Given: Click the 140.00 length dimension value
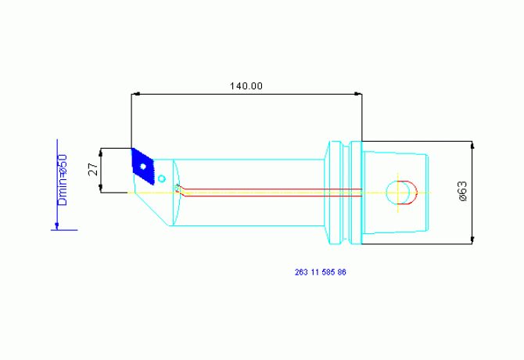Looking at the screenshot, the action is point(246,86).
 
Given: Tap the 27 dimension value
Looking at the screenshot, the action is point(94,170).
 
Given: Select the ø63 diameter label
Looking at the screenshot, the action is point(462,192).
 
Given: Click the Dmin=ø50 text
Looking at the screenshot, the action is point(63,180).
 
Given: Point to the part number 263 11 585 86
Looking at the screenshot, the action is point(321,272).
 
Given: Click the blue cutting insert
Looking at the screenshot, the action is point(143,167).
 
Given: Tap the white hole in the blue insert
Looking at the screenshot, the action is point(143,166).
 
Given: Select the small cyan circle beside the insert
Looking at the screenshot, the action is point(162,179).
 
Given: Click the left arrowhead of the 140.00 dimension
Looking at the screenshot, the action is point(135,94).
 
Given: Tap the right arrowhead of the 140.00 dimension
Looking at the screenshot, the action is point(357,94).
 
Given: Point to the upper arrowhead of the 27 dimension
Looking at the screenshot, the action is point(101,153).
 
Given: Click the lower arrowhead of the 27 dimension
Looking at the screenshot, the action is point(101,188).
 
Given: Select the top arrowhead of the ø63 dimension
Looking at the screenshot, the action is point(472,146).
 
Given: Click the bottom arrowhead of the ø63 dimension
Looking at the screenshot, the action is point(472,239).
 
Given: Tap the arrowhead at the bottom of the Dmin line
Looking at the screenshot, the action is point(57,226).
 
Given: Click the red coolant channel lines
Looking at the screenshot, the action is point(269,193).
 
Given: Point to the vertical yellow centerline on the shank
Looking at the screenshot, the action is point(397,193).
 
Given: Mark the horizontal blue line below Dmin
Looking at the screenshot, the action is point(64,230).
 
